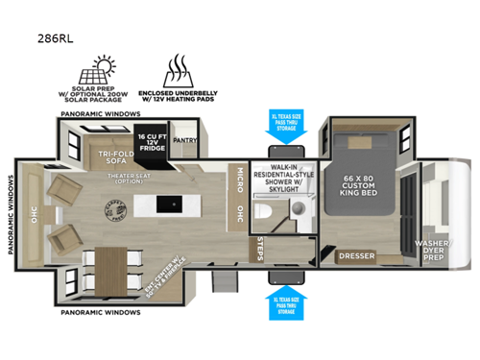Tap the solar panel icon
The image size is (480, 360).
pos(110,66)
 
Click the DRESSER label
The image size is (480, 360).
pos(357,256)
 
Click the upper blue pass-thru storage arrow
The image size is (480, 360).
pos(286,129)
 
